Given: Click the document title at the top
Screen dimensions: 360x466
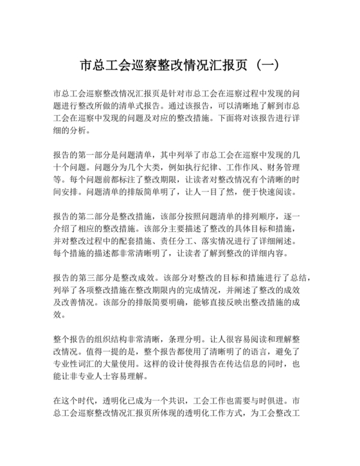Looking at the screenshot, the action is click(x=179, y=67).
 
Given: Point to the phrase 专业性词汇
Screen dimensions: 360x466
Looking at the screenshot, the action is click(x=75, y=363).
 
